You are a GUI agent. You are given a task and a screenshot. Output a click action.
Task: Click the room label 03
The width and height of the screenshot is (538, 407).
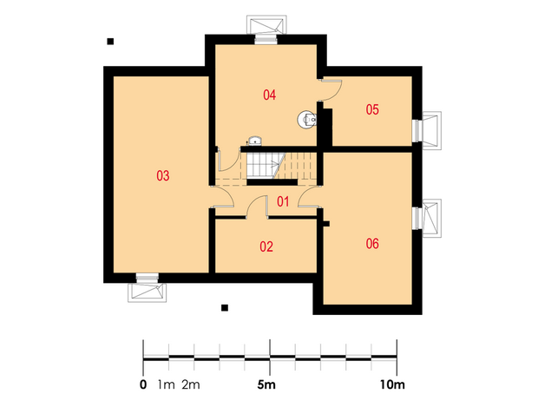click(163, 175)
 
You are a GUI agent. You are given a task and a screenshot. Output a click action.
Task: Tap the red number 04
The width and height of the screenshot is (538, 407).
click(269, 95)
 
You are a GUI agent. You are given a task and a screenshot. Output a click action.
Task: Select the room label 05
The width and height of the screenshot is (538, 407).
click(372, 110)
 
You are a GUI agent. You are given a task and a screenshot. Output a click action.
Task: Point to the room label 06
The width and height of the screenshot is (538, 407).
click(372, 244)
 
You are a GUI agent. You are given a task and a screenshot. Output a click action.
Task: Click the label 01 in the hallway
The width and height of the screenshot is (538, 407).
click(283, 201)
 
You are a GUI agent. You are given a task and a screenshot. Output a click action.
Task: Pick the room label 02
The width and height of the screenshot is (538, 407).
click(266, 246)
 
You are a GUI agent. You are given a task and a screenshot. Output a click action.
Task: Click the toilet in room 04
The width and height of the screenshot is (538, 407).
click(306, 120)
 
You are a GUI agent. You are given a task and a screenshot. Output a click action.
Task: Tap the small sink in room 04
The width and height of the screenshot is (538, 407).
click(255, 141)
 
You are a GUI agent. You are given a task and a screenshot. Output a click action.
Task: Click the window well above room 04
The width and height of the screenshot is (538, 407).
click(266, 24)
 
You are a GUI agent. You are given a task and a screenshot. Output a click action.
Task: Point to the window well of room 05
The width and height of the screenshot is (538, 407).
click(431, 130)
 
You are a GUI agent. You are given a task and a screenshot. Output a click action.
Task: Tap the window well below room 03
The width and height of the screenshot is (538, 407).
click(148, 292)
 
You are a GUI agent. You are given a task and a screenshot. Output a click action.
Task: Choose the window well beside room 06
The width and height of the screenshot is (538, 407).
click(431, 219)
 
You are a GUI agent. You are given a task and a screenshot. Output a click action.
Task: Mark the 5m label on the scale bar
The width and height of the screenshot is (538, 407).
click(266, 385)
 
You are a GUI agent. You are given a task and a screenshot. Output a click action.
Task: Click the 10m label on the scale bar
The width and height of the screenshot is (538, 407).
click(392, 385)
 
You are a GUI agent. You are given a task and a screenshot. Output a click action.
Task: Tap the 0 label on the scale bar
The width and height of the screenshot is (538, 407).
click(143, 385)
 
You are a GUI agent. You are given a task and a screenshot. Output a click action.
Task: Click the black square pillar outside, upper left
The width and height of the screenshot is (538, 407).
click(110, 42)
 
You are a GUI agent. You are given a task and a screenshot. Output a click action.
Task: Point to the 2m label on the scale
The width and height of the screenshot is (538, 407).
click(191, 385)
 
